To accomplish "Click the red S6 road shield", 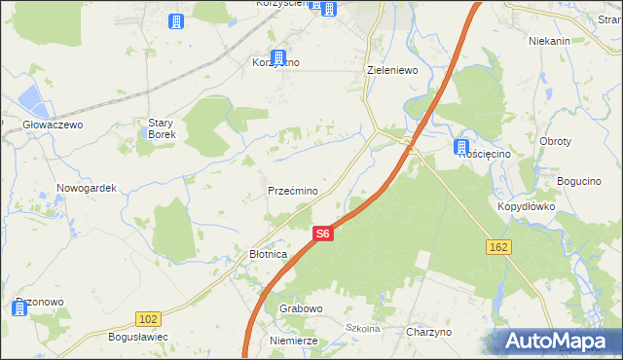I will (323, 234).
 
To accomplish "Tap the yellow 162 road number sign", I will (498, 248).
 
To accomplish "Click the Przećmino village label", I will (293, 191).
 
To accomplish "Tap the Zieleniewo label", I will (391, 71).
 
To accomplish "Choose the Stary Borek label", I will (162, 128).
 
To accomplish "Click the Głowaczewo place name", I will (54, 126).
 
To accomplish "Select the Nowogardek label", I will (87, 189).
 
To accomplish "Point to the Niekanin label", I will (549, 42).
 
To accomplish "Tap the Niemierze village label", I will (294, 342).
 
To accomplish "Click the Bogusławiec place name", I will (138, 337).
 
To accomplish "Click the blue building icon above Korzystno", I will (278, 58).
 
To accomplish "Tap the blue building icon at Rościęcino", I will (461, 147).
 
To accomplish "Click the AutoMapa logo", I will (560, 342).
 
